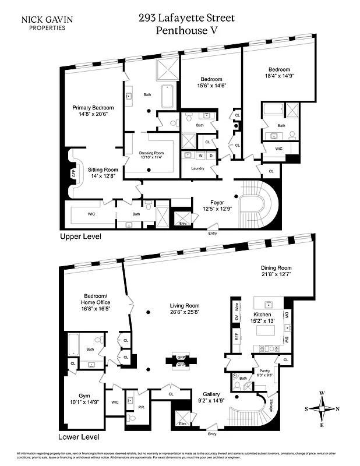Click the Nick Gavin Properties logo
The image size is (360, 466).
coord(47,23)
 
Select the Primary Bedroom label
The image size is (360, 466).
coord(93,111)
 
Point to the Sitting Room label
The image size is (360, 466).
coord(103,172)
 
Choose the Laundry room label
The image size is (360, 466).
coord(197,168)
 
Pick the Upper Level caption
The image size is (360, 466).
coord(80,237)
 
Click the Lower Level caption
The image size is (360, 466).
coord(80,437)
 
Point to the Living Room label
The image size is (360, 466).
coord(185,308)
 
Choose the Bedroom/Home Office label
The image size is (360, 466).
coord(95,306)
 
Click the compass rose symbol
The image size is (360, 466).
coord(321,408)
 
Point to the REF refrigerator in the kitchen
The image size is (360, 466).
coord(237,337)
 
